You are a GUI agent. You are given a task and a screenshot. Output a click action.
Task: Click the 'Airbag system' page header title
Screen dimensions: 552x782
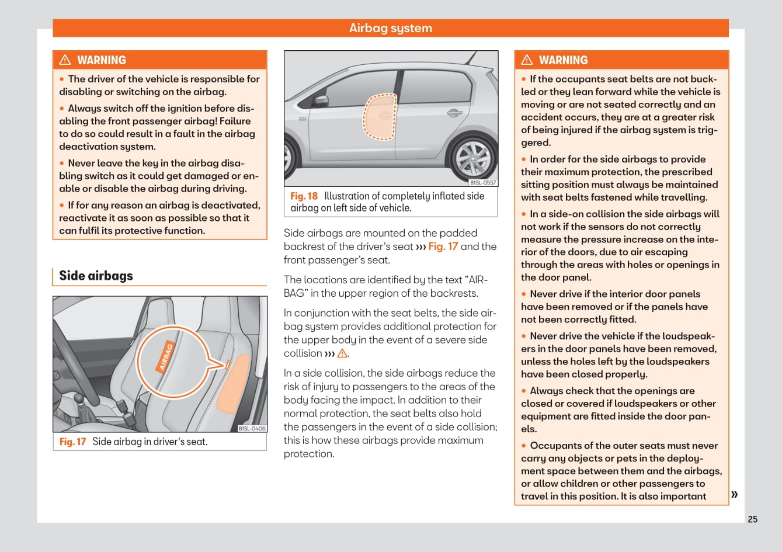pos(390,28)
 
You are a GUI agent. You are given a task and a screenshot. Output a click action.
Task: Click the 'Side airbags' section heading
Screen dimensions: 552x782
pos(96,276)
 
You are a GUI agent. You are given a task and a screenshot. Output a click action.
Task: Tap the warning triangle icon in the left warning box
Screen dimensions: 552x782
pos(65,60)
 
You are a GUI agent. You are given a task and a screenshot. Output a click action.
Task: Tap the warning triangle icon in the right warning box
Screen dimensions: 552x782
pos(527,60)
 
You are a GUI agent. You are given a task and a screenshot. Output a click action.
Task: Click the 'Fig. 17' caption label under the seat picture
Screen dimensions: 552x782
pos(72,442)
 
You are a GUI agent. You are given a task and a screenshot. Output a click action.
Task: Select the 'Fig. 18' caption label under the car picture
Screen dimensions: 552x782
pos(304,196)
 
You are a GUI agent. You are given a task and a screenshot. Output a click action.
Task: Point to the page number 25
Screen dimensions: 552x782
pos(752,519)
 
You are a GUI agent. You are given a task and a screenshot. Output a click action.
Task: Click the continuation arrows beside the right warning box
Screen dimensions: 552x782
pos(734,495)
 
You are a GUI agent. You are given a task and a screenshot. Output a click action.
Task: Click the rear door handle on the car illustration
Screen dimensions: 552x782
pos(453,112)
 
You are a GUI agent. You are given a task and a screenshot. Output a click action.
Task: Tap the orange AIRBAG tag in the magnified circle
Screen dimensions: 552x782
pos(166,356)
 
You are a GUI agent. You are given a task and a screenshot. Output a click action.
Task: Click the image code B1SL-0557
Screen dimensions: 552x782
pos(483,183)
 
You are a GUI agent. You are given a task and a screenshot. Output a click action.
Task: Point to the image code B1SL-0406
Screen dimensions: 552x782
pos(252,429)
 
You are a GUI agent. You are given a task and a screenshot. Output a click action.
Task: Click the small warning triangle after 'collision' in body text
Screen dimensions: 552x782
pos(342,353)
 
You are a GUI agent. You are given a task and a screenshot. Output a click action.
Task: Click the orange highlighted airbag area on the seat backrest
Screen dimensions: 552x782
pos(234,386)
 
